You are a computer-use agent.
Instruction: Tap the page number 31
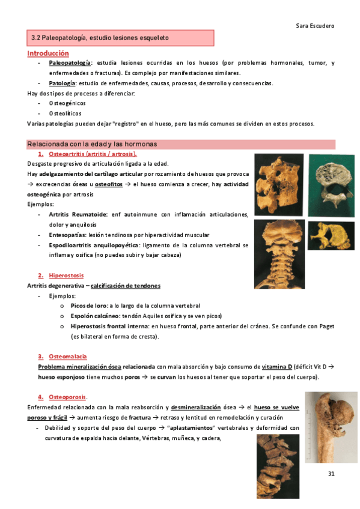[331, 474]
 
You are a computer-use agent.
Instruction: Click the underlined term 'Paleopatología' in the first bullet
[70, 62]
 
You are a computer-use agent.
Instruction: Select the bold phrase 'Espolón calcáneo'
[96, 316]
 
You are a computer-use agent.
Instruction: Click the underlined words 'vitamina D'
[277, 367]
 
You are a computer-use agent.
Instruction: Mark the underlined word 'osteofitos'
[111, 184]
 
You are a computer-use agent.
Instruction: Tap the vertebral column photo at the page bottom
[278, 465]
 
